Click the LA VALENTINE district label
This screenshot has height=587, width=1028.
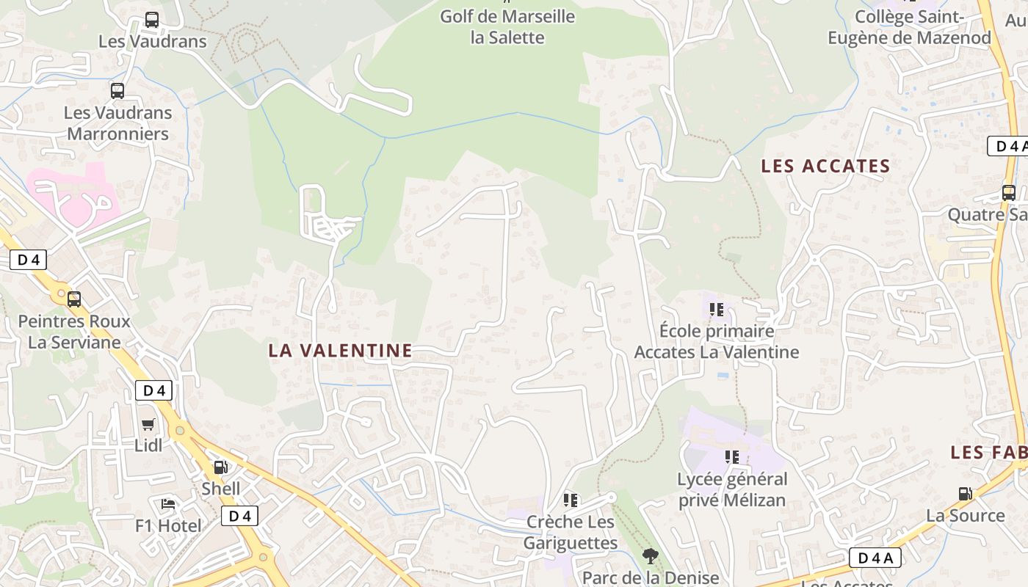(340, 351)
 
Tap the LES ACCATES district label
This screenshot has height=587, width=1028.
(825, 166)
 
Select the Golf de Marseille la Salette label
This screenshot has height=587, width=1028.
(507, 26)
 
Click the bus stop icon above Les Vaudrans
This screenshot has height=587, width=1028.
(152, 20)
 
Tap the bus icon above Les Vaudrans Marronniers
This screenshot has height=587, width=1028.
(117, 91)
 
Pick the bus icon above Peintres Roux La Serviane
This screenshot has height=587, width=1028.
(74, 299)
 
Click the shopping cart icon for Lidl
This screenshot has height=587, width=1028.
(148, 424)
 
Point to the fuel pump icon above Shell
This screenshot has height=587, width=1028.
(220, 467)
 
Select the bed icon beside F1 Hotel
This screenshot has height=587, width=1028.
(168, 504)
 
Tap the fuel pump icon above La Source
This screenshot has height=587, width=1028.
(965, 494)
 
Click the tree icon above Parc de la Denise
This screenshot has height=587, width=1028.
(650, 556)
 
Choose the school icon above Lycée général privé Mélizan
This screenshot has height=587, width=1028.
(732, 457)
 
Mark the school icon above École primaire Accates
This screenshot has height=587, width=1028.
(717, 309)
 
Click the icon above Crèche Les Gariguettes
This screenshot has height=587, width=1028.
(571, 500)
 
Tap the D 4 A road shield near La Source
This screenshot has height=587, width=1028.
(875, 558)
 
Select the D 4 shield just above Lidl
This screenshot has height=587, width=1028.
(153, 390)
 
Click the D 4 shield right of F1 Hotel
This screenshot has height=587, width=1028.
(240, 516)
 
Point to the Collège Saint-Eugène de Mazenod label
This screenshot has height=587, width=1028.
(909, 27)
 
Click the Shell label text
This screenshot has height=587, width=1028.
(221, 489)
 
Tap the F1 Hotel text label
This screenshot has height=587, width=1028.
(168, 526)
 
